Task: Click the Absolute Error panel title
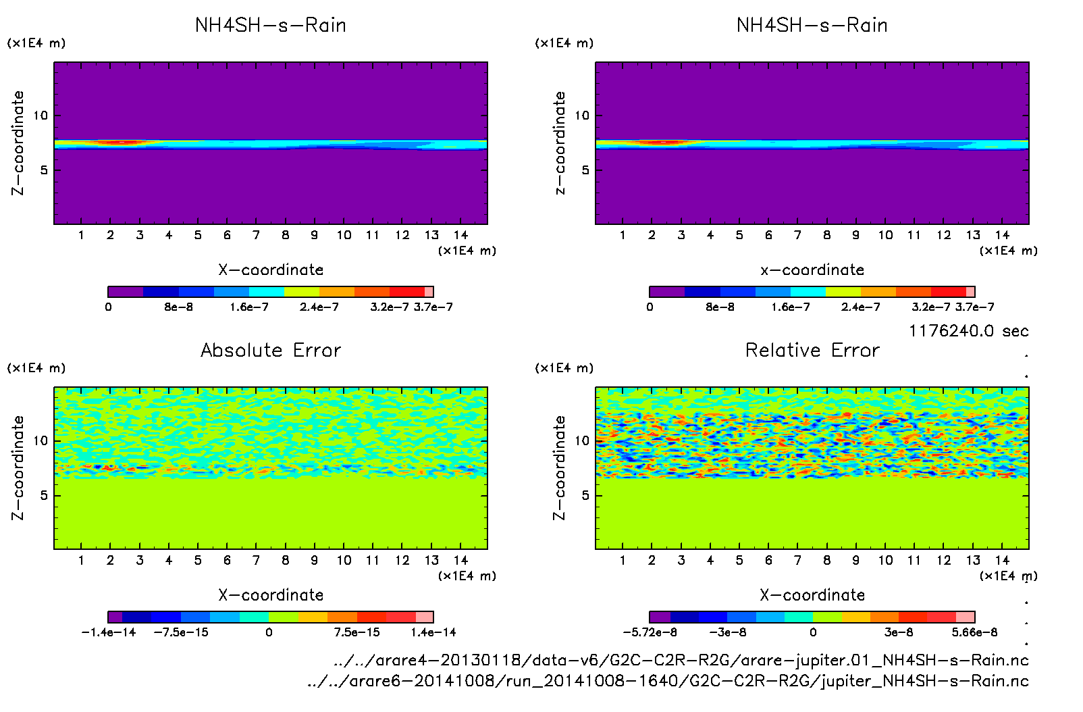point(271,350)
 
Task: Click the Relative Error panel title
point(812,350)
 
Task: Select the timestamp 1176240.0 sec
point(968,331)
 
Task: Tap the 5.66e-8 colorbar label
point(974,632)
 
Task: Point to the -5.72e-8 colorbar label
point(650,632)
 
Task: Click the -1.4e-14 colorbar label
point(109,632)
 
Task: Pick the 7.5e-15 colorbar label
point(356,632)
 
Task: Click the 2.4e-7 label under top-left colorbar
point(319,307)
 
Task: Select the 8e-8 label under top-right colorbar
point(720,307)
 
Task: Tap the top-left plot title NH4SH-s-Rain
point(271,26)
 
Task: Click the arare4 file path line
point(681,660)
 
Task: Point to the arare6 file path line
point(668,681)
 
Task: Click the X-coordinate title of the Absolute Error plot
point(271,595)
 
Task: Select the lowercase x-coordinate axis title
point(812,270)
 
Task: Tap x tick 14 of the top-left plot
point(460,235)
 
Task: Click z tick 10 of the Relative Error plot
point(582,441)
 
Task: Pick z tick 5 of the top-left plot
point(45,170)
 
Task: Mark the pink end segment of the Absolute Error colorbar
point(424,617)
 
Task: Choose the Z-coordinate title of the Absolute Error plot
point(18,467)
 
